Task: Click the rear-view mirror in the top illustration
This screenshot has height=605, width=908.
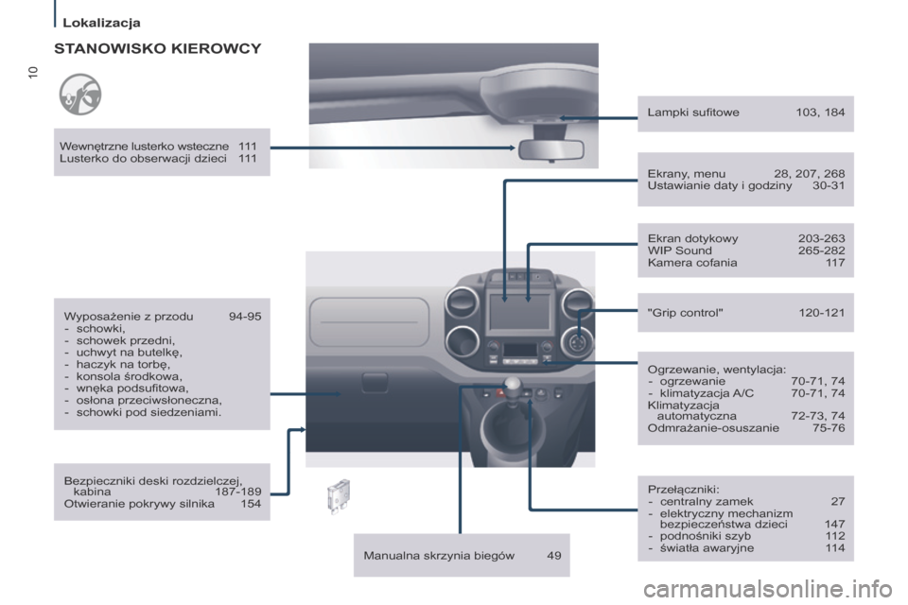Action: pyautogui.click(x=550, y=150)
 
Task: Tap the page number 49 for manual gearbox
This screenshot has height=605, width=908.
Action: pyautogui.click(x=553, y=556)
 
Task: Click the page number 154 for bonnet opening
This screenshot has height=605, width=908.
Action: pyautogui.click(x=251, y=504)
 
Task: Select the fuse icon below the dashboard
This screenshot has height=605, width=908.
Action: pyautogui.click(x=336, y=493)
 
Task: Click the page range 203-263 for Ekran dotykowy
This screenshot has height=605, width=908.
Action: pyautogui.click(x=822, y=238)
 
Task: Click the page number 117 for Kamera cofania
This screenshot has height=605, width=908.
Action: pyautogui.click(x=834, y=263)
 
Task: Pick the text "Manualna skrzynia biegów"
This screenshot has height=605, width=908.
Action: pyautogui.click(x=439, y=556)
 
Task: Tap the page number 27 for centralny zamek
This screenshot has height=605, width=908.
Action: pyautogui.click(x=838, y=501)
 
